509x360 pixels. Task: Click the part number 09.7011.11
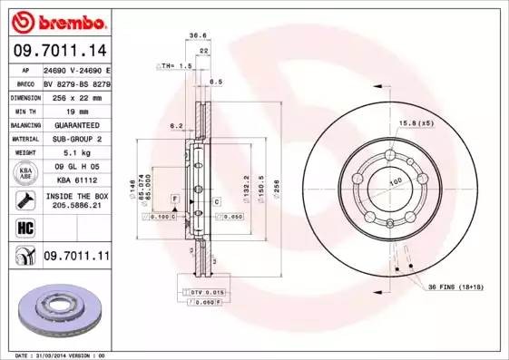click(x=75, y=258)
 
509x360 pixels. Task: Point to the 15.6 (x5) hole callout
click(x=416, y=122)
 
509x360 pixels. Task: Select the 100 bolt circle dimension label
click(x=395, y=183)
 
